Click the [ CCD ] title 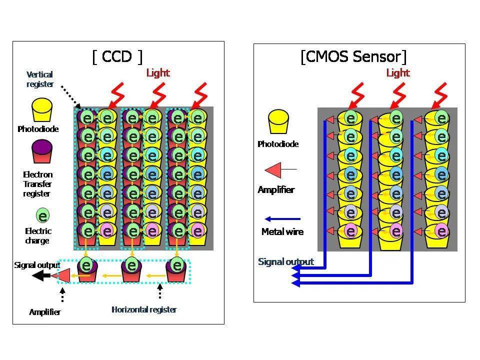coord(117,56)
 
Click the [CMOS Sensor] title coord(353,56)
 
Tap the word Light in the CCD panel coord(158,73)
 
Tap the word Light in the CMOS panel coord(398,73)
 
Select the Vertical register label coord(40,79)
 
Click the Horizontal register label coord(144,309)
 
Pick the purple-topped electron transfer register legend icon coord(42,151)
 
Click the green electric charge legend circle coord(43,216)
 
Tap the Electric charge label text coord(38,235)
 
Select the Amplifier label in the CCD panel coord(45,312)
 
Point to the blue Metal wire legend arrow coord(282,218)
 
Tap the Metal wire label coord(282,231)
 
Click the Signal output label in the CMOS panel coord(285,261)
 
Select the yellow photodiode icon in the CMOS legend coord(278,123)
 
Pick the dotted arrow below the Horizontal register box coord(159,291)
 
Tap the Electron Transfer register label coord(37,184)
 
